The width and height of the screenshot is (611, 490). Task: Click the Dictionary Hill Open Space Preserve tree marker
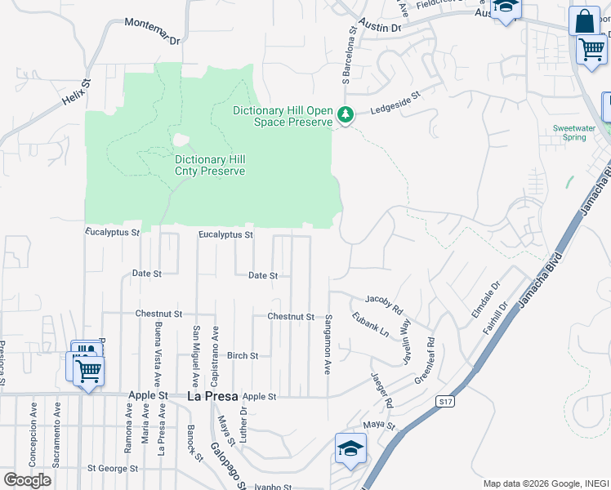point(346,115)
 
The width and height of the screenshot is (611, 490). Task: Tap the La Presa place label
point(212,396)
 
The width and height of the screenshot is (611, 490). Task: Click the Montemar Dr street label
point(152,29)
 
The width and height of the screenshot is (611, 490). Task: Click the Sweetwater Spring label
point(569,132)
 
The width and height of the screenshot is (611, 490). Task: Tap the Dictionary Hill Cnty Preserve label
point(210,165)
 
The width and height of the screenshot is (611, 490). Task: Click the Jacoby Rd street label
point(384,305)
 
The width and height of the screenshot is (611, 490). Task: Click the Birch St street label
point(243,356)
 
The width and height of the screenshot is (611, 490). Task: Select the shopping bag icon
point(585,21)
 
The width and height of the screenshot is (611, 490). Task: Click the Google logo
point(27,479)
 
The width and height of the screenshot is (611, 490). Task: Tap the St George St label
point(113,469)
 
